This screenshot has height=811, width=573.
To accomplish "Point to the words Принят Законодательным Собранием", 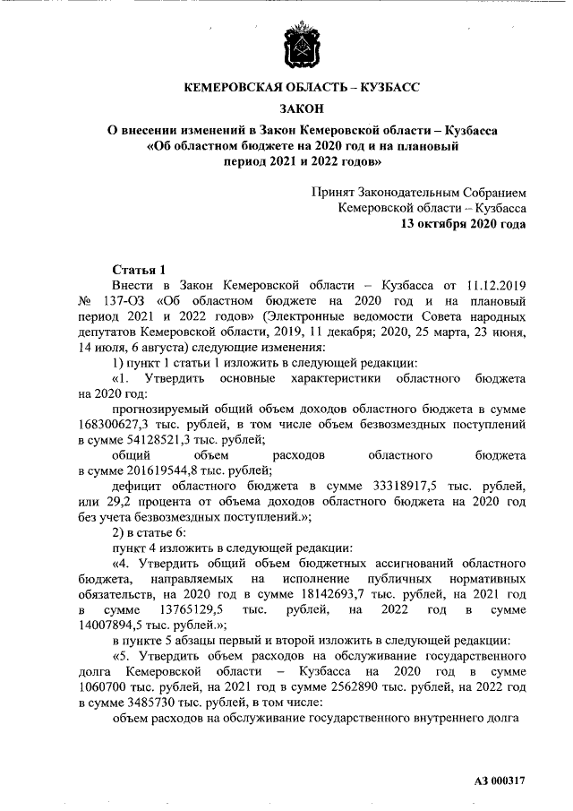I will [x=418, y=193].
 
